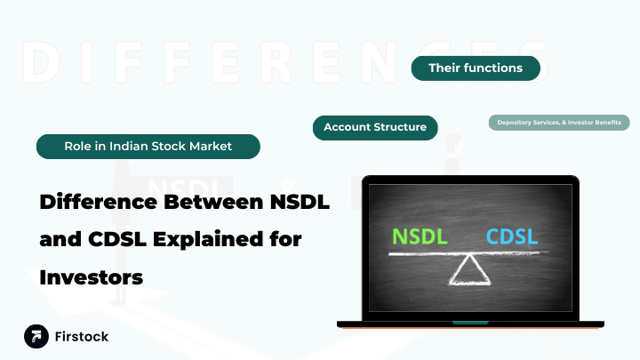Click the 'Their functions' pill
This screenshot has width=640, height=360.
pyautogui.click(x=476, y=68)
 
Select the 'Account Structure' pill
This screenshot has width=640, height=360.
pyautogui.click(x=375, y=128)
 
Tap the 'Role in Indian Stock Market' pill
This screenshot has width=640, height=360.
pyautogui.click(x=148, y=146)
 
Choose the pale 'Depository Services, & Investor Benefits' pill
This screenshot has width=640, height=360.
pyautogui.click(x=559, y=122)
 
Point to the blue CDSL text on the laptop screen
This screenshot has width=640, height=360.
pyautogui.click(x=512, y=237)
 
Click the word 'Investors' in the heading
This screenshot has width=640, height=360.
pyautogui.click(x=92, y=277)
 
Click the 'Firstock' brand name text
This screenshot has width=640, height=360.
pyautogui.click(x=82, y=337)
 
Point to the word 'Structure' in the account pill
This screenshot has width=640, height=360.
pyautogui.click(x=400, y=128)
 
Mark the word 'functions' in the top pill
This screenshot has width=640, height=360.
pyautogui.click(x=494, y=68)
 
